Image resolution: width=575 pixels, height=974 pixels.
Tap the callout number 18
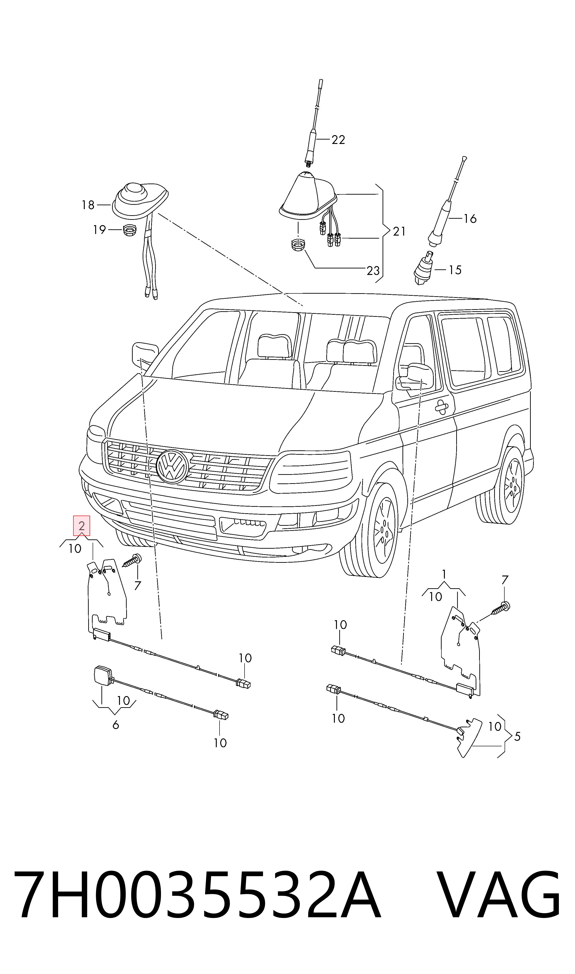point(88,205)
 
